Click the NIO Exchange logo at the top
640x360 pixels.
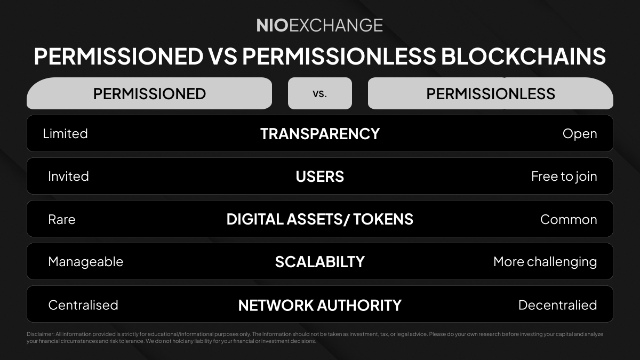point(319,25)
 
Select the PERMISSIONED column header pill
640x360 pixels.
point(149,94)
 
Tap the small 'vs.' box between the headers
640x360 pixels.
point(319,93)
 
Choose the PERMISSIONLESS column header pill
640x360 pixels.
point(491,94)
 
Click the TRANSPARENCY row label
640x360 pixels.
point(319,133)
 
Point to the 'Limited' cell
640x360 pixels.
point(65,133)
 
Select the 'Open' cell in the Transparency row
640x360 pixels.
point(579,133)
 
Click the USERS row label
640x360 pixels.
point(319,176)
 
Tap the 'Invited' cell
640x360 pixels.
point(68,176)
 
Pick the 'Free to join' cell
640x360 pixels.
point(564,176)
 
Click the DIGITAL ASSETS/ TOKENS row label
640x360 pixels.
point(319,219)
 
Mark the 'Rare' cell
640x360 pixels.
point(61,219)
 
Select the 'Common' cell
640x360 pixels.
point(568,219)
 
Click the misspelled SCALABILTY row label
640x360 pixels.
point(319,262)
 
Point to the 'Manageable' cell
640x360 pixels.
point(85,262)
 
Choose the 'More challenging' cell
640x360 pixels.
point(545,262)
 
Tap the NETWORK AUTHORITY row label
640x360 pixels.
point(319,305)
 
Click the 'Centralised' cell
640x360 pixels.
point(83,305)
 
